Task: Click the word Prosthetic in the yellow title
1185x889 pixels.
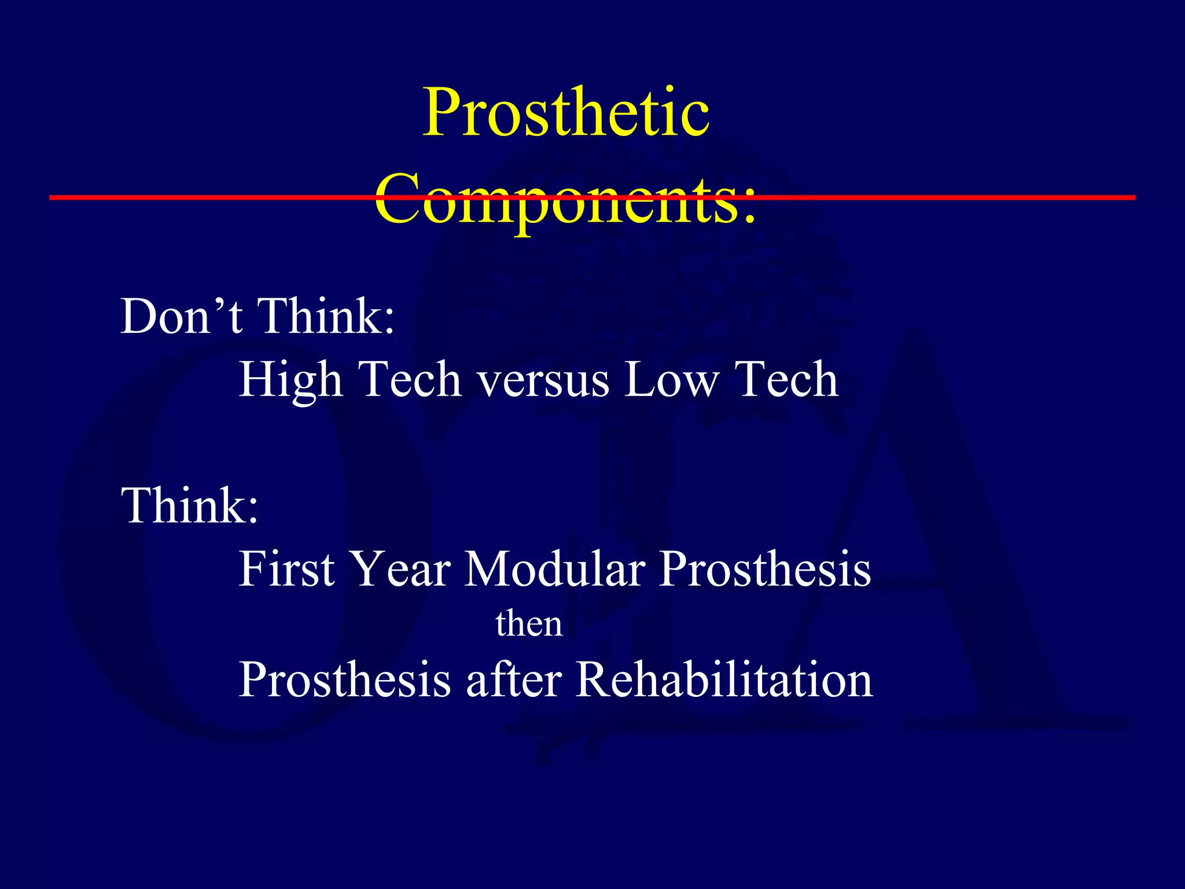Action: coord(566,113)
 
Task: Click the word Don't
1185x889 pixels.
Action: coord(181,317)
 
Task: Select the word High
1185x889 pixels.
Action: coord(290,380)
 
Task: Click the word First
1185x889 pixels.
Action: coord(287,569)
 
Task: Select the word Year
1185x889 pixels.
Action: coord(400,569)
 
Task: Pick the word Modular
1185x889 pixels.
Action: coord(555,569)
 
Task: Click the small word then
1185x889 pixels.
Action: coord(529,624)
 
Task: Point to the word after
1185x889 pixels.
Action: coord(514,679)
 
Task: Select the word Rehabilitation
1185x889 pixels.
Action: coord(724,679)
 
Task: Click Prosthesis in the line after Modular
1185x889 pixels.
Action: coord(764,569)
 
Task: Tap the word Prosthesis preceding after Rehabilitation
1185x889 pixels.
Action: coord(345,681)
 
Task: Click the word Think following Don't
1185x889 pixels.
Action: coord(325,317)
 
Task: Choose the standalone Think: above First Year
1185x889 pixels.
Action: coord(190,506)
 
